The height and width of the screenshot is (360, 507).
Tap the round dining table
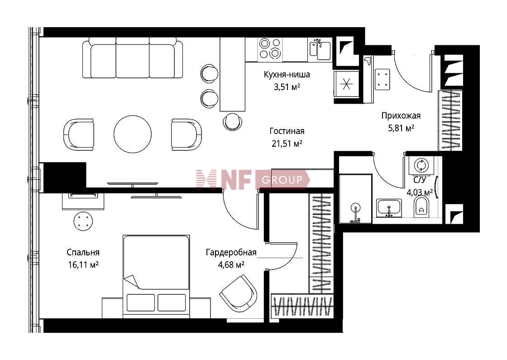(x=133, y=134)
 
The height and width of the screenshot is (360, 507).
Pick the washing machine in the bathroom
(x=421, y=165)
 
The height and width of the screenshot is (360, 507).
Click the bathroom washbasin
(x=389, y=208)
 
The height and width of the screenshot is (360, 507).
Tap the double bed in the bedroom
(x=156, y=277)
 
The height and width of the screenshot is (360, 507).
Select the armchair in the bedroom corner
(x=239, y=292)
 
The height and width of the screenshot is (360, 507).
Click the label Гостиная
(x=287, y=131)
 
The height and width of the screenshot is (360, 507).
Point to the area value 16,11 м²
(x=83, y=265)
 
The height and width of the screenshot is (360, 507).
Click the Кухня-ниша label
(x=287, y=74)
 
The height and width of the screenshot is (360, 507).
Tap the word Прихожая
(x=401, y=115)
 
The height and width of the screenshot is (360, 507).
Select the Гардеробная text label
(x=231, y=252)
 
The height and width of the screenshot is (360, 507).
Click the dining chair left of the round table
(x=79, y=134)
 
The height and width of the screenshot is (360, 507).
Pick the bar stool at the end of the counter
(x=233, y=121)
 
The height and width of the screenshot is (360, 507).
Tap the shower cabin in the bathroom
(x=355, y=199)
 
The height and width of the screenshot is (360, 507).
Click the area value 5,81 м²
(x=401, y=128)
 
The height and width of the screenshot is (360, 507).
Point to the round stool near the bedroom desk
(x=83, y=221)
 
